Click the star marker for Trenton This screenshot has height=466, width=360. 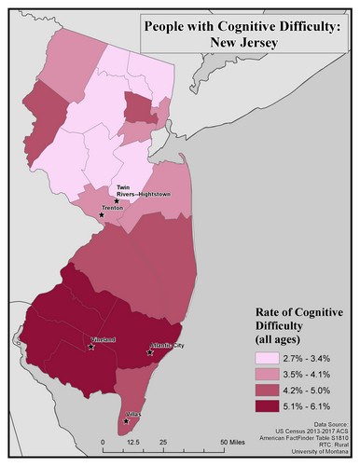[102, 214]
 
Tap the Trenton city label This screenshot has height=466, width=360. [114, 209]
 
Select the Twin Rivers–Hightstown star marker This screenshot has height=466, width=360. [117, 200]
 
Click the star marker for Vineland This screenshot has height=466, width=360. [90, 347]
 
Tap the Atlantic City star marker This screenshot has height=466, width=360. [150, 352]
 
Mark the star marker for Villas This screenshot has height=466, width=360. [126, 421]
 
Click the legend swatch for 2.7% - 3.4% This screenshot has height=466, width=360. [271, 357]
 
